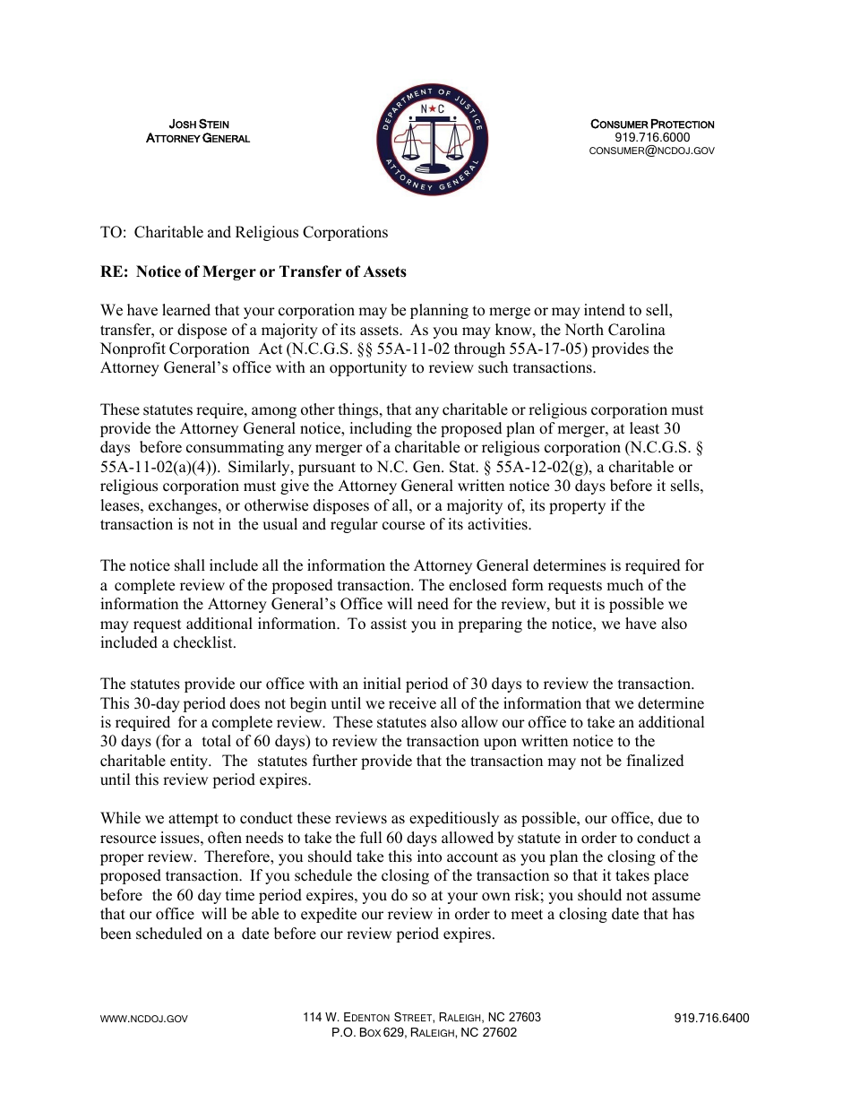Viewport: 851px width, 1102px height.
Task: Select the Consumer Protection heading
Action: tap(652, 124)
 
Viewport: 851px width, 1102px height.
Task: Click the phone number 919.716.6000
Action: tap(652, 137)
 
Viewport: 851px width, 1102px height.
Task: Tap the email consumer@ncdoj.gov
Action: tap(652, 151)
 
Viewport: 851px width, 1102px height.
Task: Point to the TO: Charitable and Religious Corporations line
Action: tap(245, 232)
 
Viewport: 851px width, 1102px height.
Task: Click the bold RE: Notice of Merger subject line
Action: tap(254, 271)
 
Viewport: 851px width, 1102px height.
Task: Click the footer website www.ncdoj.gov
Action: tap(144, 1019)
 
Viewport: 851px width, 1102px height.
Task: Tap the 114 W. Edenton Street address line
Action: tap(422, 1018)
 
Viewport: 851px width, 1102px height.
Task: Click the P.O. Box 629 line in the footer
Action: tap(424, 1032)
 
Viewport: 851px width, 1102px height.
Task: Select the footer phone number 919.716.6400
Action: tap(711, 1018)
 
